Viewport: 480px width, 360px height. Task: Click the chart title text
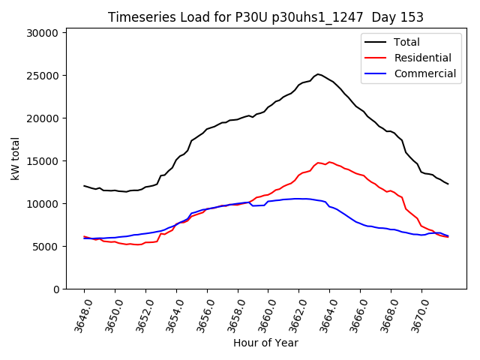[x=265, y=17]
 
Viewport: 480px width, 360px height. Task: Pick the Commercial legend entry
[x=425, y=73]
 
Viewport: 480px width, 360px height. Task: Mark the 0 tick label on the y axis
[x=56, y=289]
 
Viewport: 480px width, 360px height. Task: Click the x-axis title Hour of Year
[x=265, y=343]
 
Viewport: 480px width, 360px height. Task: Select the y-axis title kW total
[x=15, y=158]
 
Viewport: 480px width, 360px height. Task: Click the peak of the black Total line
[x=318, y=74]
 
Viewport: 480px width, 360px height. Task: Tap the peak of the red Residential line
[x=318, y=162]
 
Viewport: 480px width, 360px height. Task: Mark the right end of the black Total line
[x=448, y=184]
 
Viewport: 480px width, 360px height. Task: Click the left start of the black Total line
[x=84, y=185]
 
